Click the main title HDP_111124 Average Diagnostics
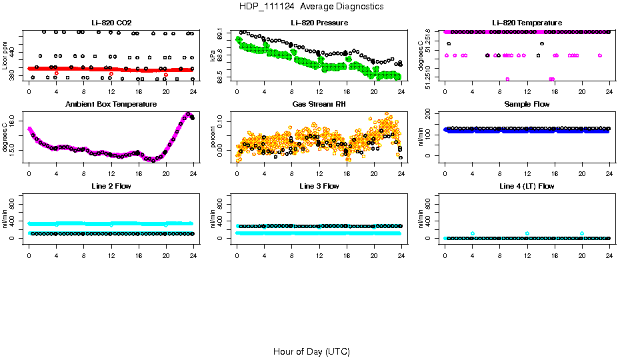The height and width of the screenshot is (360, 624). coord(311,6)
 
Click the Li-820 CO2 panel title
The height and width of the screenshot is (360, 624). coord(111,23)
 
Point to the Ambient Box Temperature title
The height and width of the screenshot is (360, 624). coord(111,105)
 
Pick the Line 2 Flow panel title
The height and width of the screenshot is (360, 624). coord(111,186)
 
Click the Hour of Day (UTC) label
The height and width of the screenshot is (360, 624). coord(311,351)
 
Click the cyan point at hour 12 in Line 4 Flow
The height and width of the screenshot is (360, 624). coord(527,233)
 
